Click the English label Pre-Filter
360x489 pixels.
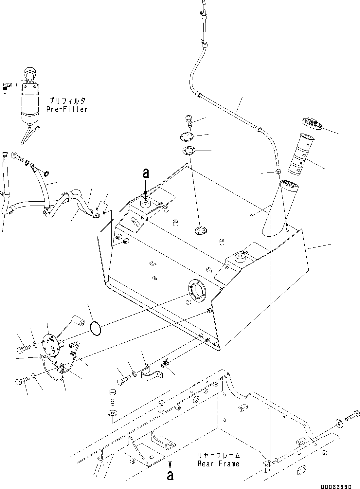(67, 109)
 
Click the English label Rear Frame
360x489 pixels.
(218, 464)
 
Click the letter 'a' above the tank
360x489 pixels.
(146, 173)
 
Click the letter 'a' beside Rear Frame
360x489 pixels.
(170, 476)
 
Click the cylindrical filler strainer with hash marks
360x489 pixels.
(301, 155)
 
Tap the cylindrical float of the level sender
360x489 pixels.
(78, 319)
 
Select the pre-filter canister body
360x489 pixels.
(30, 101)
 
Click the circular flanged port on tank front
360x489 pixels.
(197, 289)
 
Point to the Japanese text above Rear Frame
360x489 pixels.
(219, 455)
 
